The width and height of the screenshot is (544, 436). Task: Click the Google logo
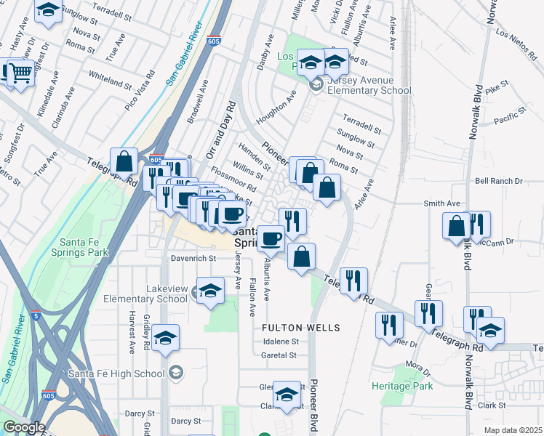click(x=25, y=427)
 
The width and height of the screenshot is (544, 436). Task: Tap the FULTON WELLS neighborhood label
click(x=302, y=328)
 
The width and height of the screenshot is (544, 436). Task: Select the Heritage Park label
click(x=402, y=386)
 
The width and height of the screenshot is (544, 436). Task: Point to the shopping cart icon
click(x=20, y=72)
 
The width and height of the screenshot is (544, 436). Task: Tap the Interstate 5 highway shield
click(x=36, y=315)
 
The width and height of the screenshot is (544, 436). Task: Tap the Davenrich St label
click(x=193, y=258)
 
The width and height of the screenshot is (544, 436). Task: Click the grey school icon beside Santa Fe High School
click(x=175, y=373)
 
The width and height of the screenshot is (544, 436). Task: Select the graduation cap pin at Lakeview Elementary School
click(x=210, y=291)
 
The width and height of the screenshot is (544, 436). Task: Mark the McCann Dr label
click(x=499, y=241)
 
